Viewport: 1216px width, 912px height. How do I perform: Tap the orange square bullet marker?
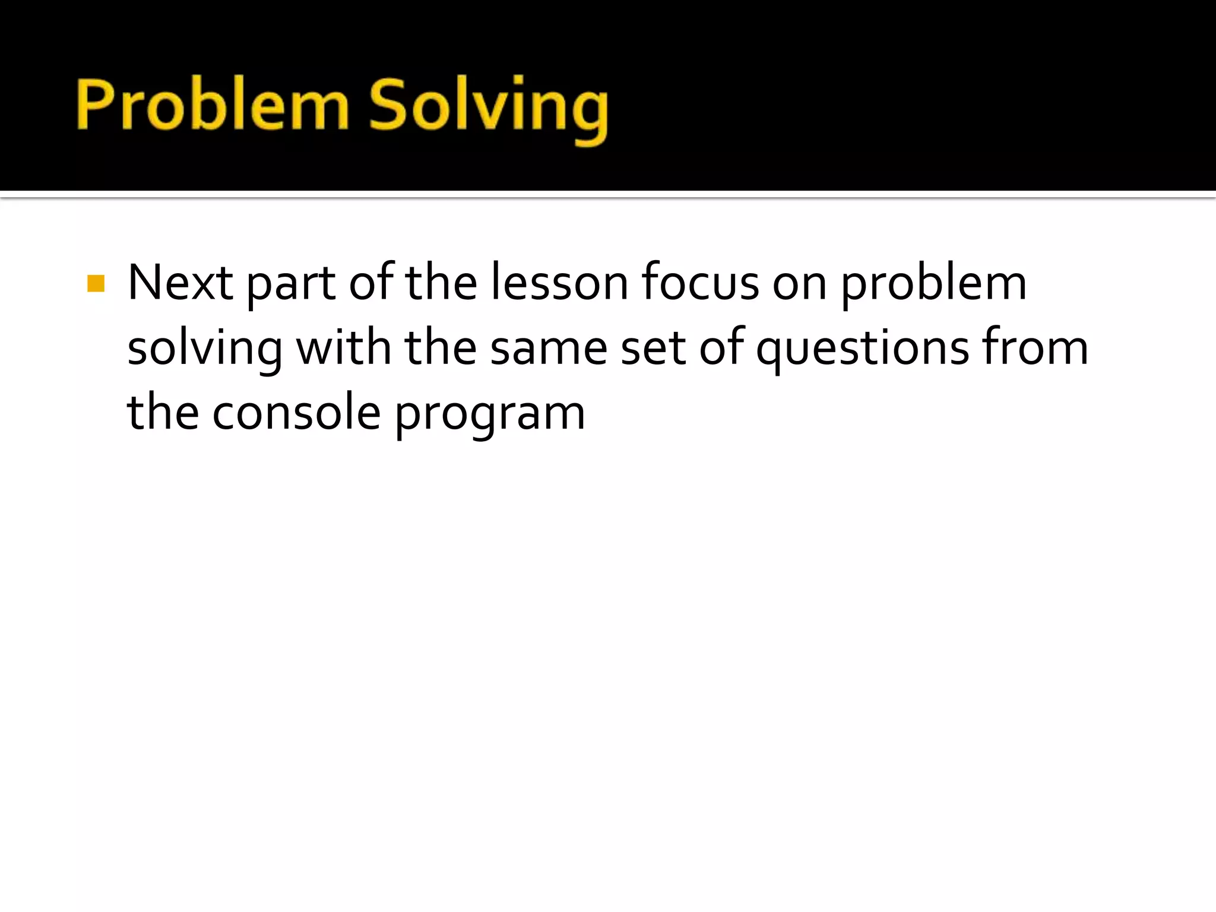pyautogui.click(x=96, y=283)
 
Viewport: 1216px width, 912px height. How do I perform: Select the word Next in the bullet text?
pyautogui.click(x=180, y=283)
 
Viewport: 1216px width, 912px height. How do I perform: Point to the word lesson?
pyautogui.click(x=559, y=283)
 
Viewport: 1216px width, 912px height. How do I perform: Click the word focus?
pyautogui.click(x=700, y=283)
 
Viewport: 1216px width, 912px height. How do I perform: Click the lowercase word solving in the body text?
pyautogui.click(x=205, y=349)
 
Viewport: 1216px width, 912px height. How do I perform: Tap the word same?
pyautogui.click(x=549, y=348)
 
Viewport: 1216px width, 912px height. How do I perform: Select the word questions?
pyautogui.click(x=862, y=349)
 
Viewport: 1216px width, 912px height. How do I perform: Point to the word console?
pyautogui.click(x=296, y=413)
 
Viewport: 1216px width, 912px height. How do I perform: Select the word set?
pyautogui.click(x=653, y=348)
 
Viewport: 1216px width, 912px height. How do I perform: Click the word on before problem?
pyautogui.click(x=799, y=284)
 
